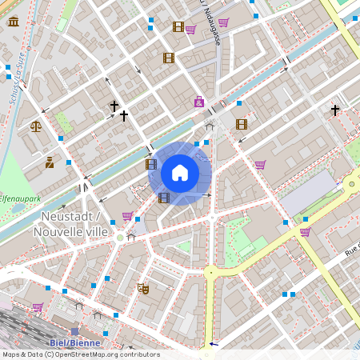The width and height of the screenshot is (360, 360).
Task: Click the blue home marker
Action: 180,173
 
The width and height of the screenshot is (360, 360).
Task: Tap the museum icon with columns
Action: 14,21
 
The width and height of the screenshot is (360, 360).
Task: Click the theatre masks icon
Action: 143,288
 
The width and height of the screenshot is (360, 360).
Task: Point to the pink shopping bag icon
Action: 198,102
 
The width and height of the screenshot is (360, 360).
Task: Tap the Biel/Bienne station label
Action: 75,343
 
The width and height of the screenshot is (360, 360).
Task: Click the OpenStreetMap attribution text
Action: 81,354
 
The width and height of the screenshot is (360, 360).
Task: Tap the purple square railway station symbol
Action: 75,330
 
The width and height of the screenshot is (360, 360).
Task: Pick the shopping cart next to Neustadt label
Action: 127,216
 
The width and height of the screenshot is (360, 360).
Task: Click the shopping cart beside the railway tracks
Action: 38,306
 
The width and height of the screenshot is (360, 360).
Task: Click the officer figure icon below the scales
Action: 50,162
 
